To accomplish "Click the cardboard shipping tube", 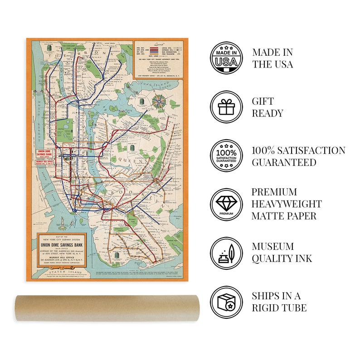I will (x=105, y=308).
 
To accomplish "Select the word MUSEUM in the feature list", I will (x=273, y=247).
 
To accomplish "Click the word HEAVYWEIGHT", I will (x=287, y=204).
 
